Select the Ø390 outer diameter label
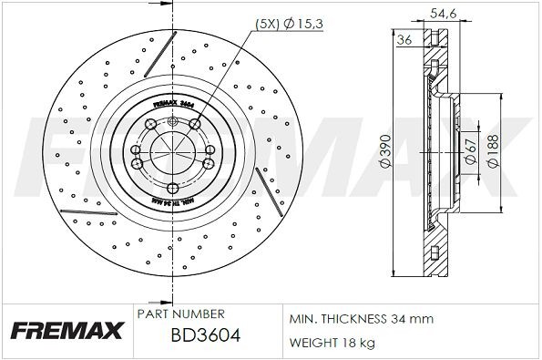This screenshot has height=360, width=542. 385,155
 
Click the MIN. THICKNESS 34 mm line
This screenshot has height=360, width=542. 361,320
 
